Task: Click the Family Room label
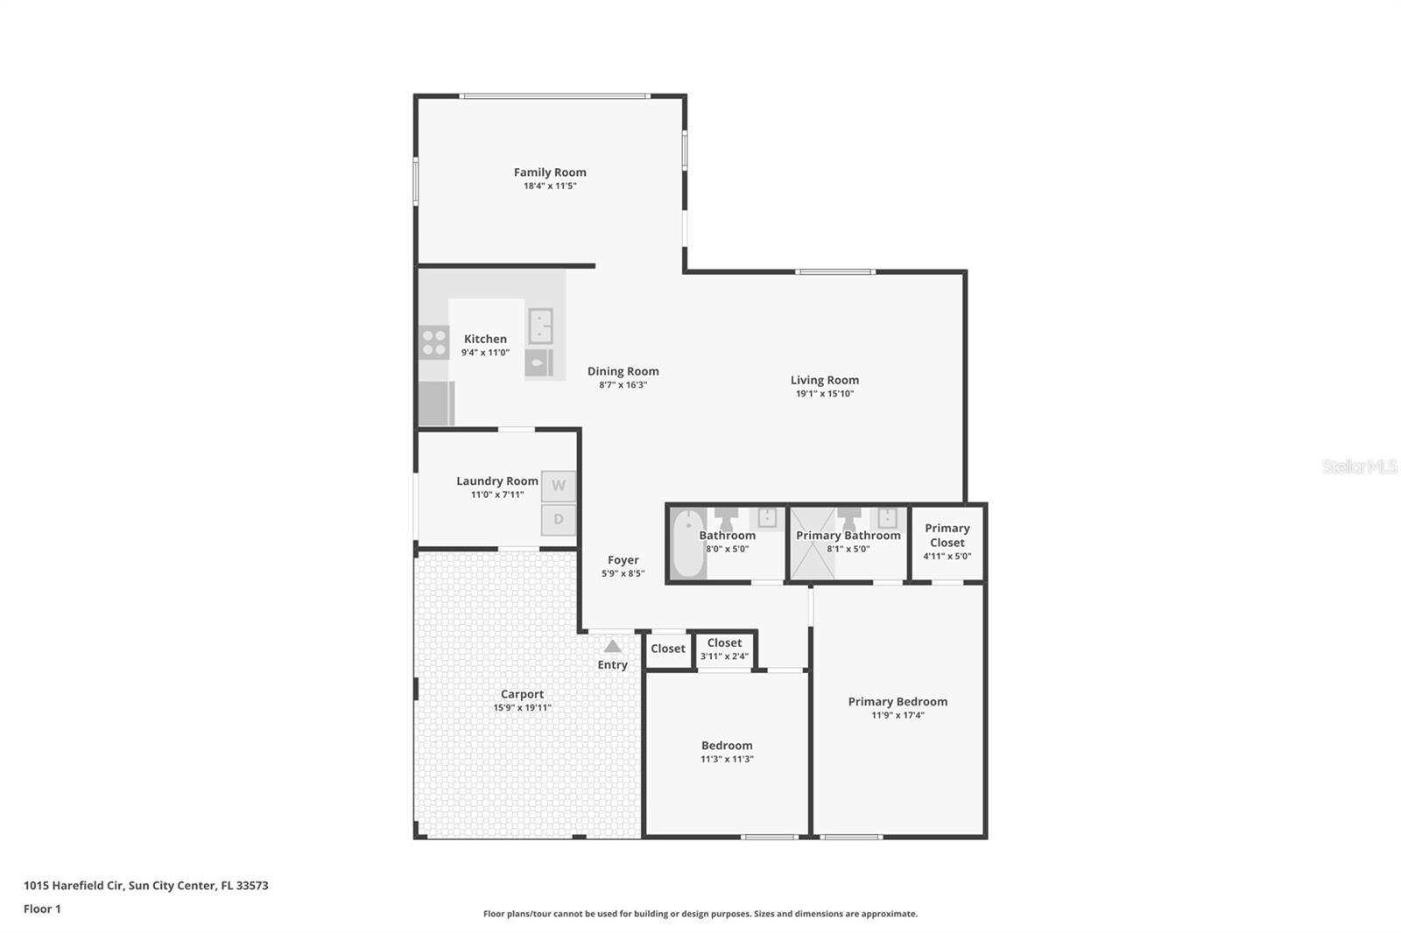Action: click(550, 172)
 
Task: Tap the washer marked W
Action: click(559, 486)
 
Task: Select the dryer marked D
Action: click(559, 520)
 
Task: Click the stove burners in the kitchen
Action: click(433, 342)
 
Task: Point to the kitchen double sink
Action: click(540, 326)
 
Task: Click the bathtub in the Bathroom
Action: click(688, 544)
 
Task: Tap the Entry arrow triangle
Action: click(613, 647)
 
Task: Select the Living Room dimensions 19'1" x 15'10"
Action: click(824, 394)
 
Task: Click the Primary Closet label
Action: click(947, 535)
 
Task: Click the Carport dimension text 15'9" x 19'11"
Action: click(522, 708)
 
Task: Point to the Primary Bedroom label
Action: click(898, 701)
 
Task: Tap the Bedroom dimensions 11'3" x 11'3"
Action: click(727, 759)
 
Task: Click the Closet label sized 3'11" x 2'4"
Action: click(724, 643)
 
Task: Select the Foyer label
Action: click(623, 560)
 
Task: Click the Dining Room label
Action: click(623, 371)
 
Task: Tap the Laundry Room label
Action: click(496, 481)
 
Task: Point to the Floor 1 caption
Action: click(42, 908)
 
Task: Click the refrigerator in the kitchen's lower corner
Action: click(436, 403)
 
